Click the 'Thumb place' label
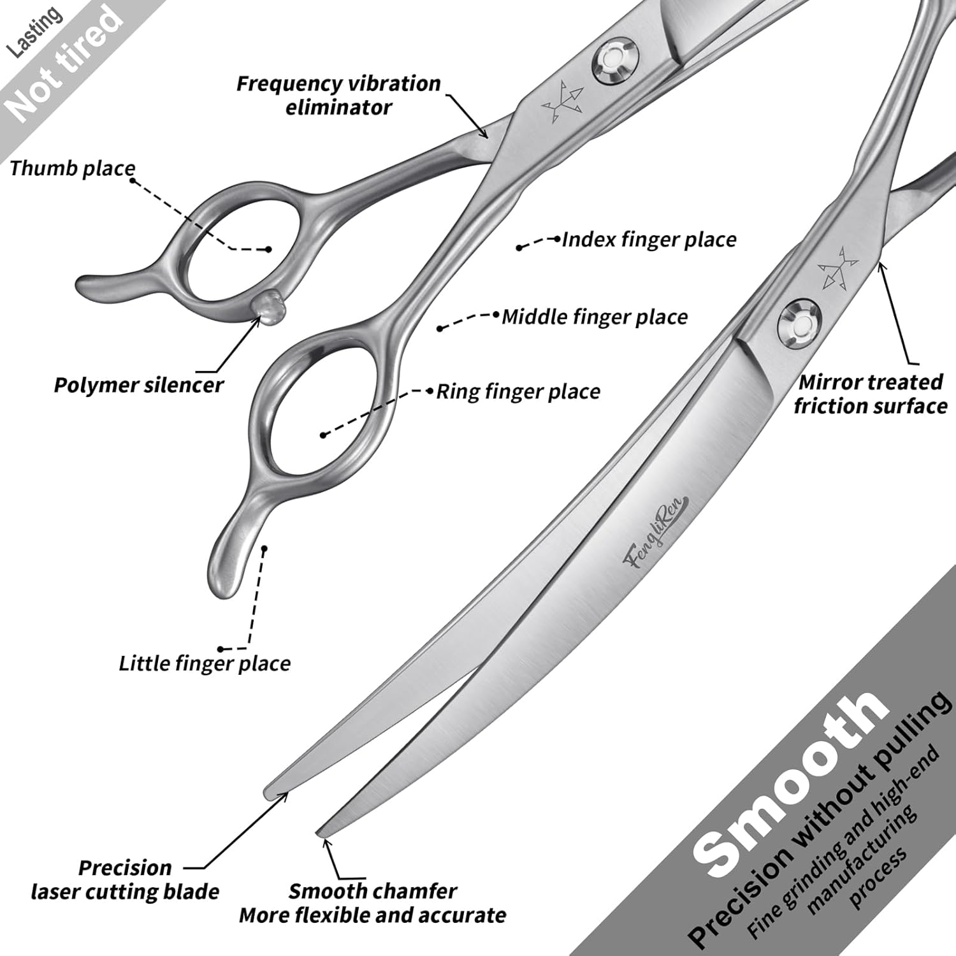coord(73,168)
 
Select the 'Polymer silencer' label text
coord(138,385)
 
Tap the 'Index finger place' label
coord(649,240)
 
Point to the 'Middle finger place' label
coord(595,317)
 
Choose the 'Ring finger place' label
coord(518,391)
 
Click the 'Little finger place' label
coord(205,663)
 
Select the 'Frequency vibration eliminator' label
coord(338,95)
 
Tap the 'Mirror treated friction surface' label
coord(871,394)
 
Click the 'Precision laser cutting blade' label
coord(125,880)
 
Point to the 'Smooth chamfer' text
coord(373,891)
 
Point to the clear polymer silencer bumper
coord(271,303)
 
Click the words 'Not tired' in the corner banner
coord(64,64)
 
